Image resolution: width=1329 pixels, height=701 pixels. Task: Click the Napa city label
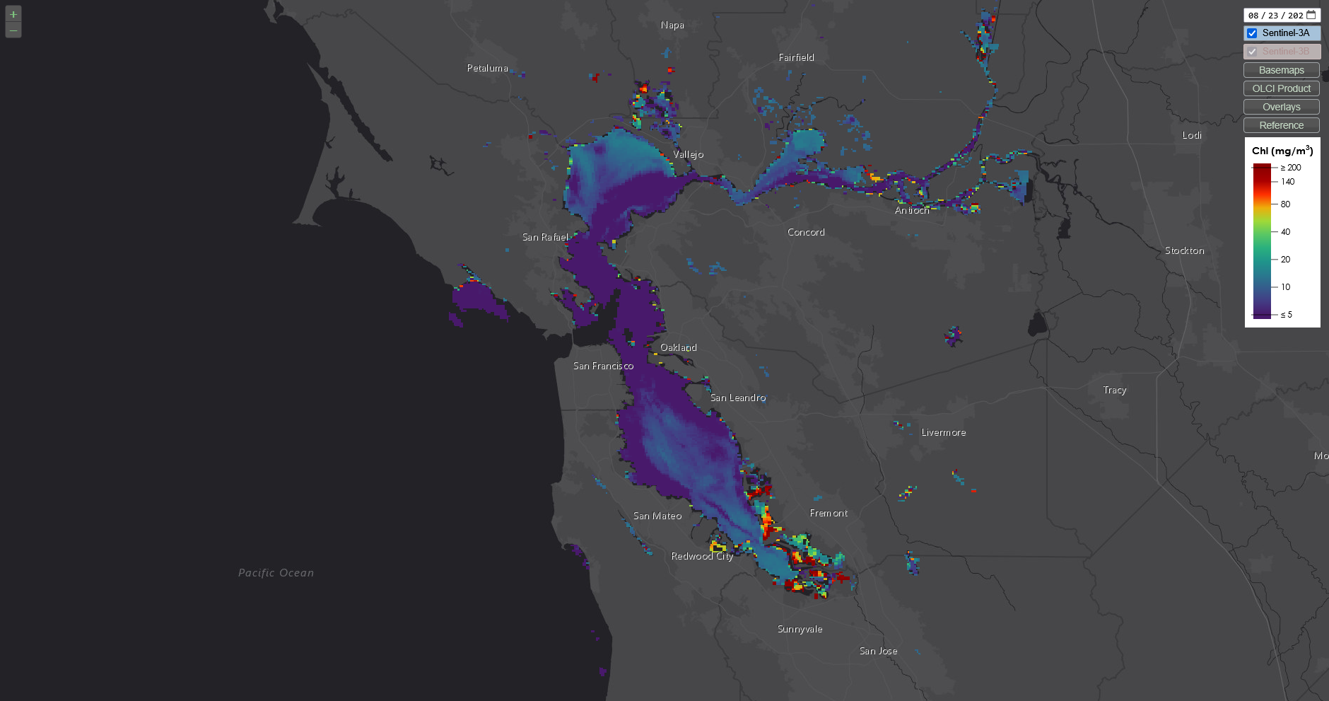point(672,25)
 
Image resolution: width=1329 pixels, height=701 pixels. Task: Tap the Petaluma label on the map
point(487,68)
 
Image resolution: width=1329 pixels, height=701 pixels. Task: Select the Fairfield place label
point(796,57)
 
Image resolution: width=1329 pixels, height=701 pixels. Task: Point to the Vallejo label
point(688,154)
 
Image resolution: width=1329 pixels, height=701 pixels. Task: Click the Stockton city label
point(1184,250)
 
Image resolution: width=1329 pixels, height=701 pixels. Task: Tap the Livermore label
point(943,432)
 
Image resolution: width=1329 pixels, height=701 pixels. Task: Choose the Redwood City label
point(702,556)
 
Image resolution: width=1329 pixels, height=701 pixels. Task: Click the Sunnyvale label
point(800,629)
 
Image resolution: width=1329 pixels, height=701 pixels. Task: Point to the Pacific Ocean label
point(276,573)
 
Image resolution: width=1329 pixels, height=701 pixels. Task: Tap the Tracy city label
point(1114,390)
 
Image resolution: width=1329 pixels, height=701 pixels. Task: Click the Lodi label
point(1191,135)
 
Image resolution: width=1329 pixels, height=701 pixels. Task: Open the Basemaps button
point(1281,70)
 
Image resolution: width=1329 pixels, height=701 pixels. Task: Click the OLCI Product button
point(1281,88)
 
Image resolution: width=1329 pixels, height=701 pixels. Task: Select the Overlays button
point(1281,107)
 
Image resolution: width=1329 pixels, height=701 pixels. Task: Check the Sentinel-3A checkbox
point(1252,33)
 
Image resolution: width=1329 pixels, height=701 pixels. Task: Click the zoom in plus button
point(13,14)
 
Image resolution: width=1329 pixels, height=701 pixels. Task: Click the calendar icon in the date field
point(1311,15)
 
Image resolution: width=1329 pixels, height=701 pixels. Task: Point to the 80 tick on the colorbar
point(1285,204)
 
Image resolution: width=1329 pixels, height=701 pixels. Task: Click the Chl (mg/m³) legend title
point(1282,151)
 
